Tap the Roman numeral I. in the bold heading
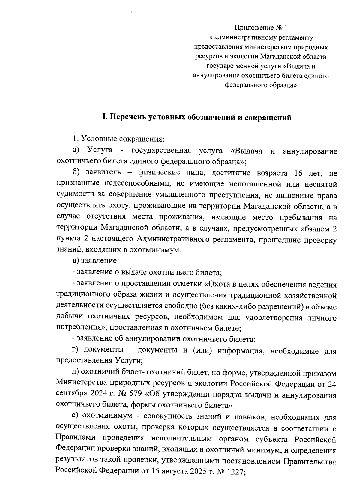pos(104,117)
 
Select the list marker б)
pos(76,173)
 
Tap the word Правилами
pos(75,439)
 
